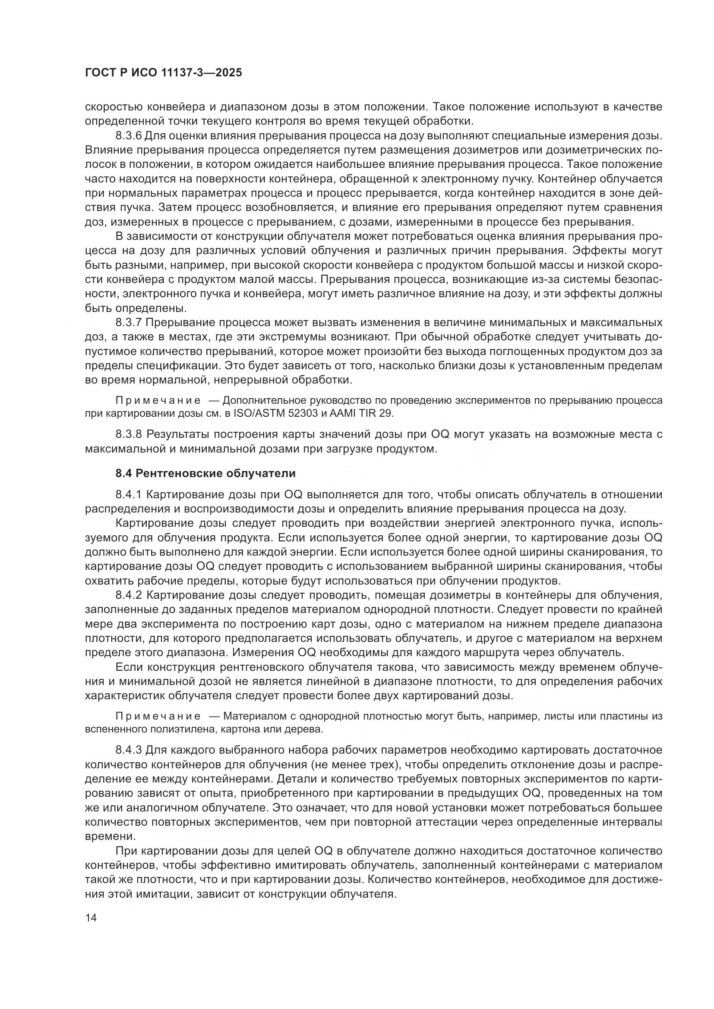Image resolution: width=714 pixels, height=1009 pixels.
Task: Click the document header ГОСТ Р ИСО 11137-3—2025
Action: coord(163,72)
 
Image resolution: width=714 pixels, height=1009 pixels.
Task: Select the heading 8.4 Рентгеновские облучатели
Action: coord(205,473)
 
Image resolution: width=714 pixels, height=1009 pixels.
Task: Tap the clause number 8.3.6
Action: coord(128,135)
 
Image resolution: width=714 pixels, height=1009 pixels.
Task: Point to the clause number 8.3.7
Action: coord(128,322)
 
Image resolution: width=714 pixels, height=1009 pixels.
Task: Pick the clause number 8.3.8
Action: coord(129,434)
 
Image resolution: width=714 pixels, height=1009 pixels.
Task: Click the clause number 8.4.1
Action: coord(128,494)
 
